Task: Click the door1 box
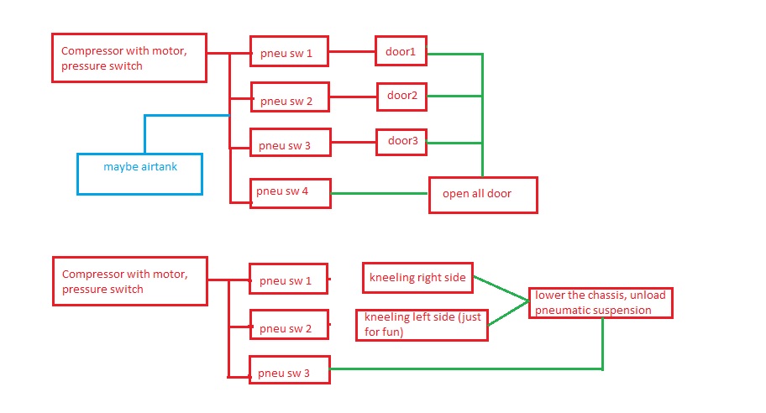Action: tap(401, 51)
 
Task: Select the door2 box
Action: tap(402, 96)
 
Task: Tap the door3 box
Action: tap(401, 141)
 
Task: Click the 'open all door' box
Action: tap(482, 194)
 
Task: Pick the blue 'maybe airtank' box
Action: tap(140, 174)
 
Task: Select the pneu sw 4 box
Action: tap(291, 193)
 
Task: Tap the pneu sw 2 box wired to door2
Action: tap(290, 100)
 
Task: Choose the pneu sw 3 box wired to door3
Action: tap(290, 145)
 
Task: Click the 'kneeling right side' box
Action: tap(417, 277)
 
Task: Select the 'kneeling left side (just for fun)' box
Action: tap(422, 325)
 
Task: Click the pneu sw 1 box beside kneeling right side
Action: tap(288, 280)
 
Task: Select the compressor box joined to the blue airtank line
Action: tap(129, 58)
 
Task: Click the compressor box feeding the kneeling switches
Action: tap(130, 281)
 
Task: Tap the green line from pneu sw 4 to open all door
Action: tap(380, 193)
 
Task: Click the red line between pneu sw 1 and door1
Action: tap(353, 52)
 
